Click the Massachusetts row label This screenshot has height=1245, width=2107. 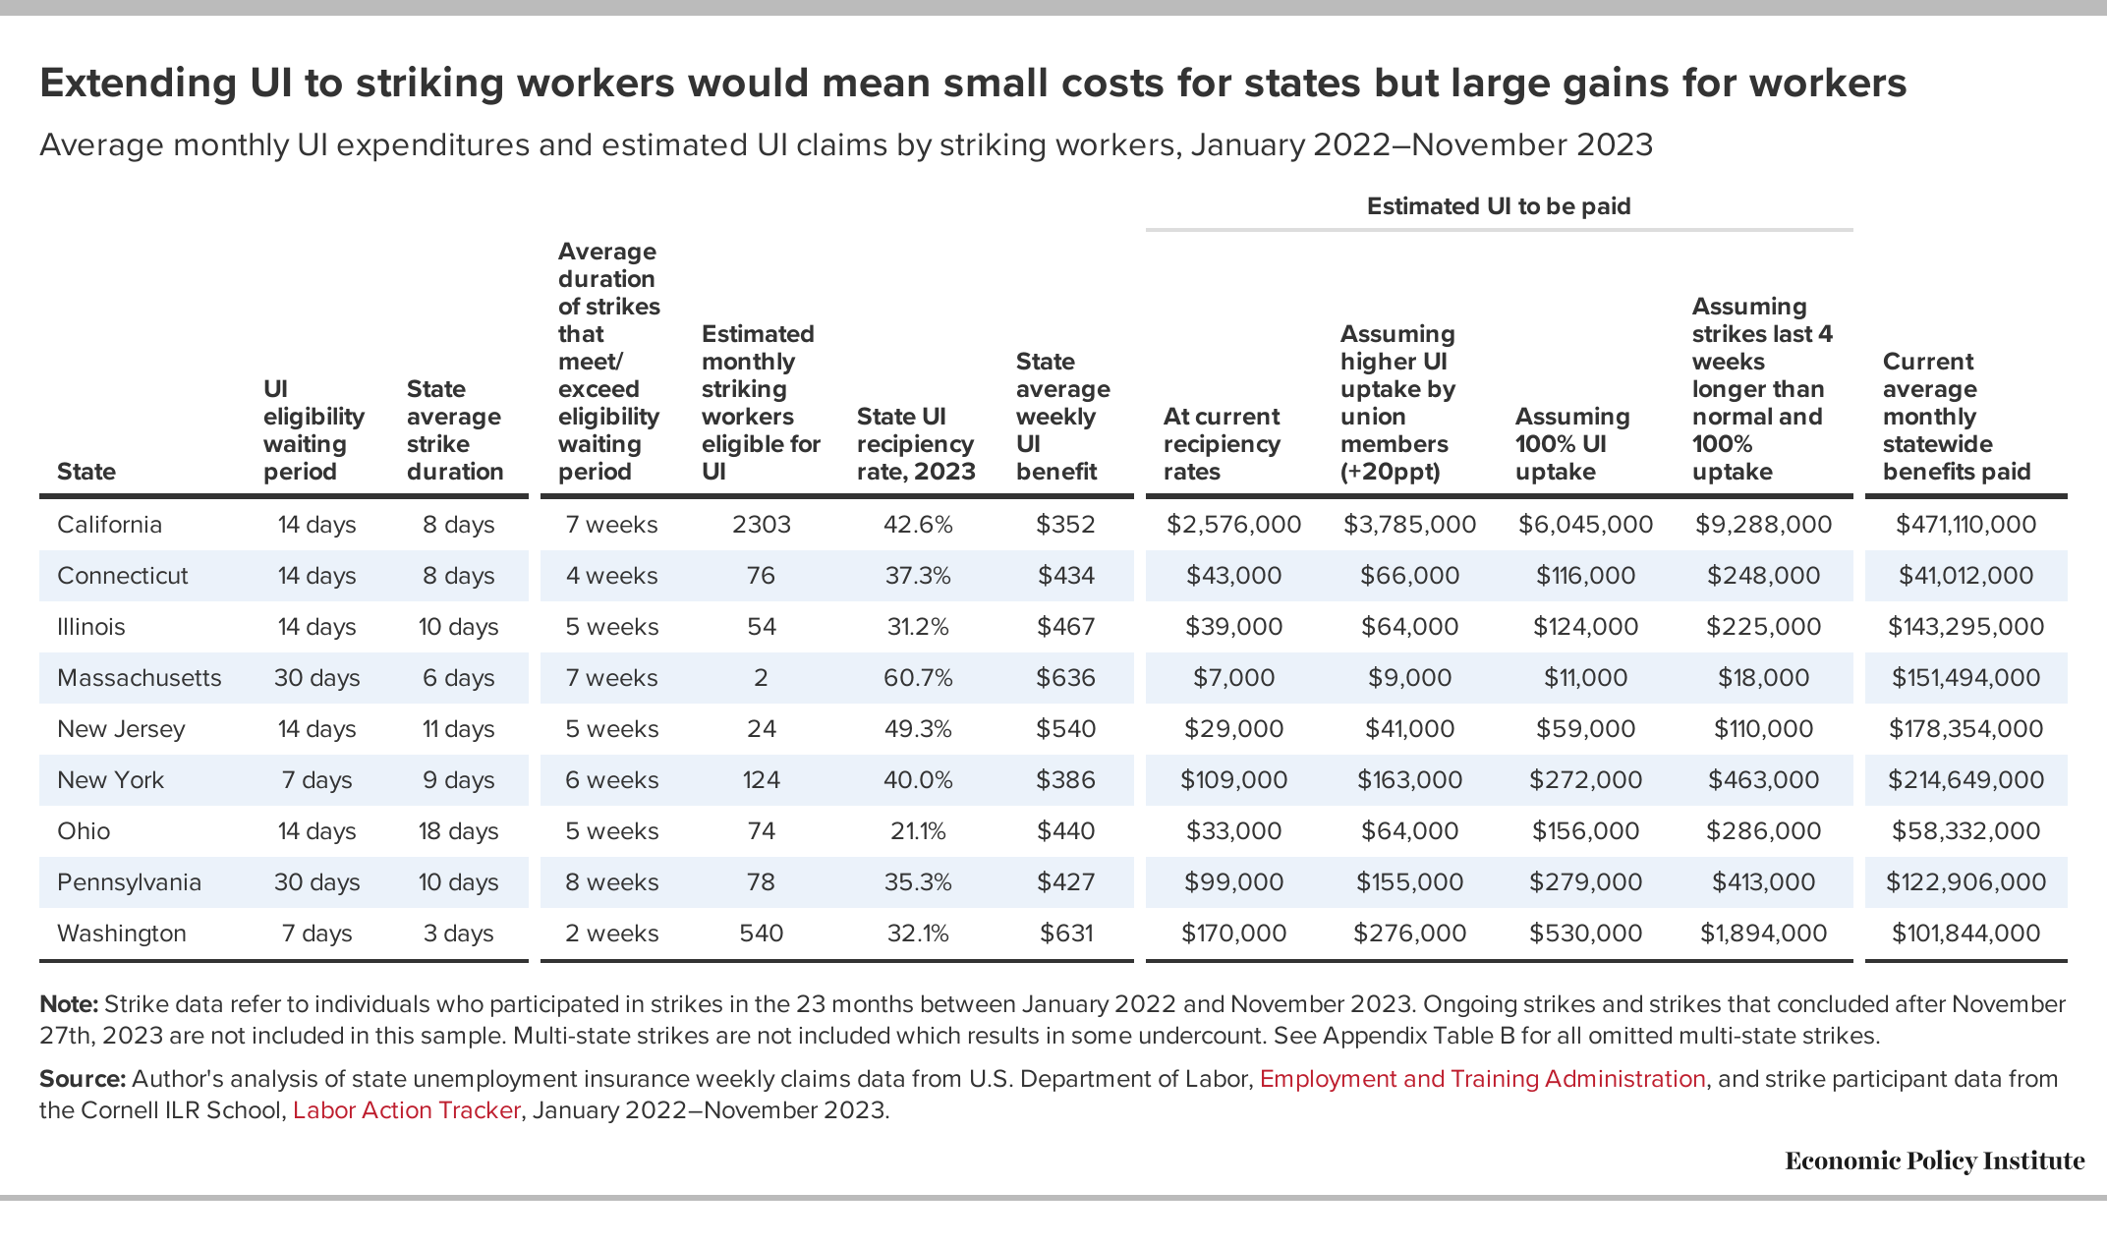(140, 678)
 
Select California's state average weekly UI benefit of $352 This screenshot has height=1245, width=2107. (1065, 525)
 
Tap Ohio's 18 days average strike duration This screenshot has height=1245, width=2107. (459, 831)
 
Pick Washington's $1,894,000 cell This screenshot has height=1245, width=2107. (1764, 934)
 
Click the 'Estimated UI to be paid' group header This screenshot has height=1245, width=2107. (1499, 206)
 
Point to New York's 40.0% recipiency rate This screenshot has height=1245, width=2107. (918, 780)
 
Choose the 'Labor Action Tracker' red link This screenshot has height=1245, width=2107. (407, 1110)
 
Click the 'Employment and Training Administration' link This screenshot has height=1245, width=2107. (1482, 1079)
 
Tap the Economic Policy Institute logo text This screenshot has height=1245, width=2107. (1934, 1161)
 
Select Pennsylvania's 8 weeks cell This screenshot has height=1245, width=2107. (611, 882)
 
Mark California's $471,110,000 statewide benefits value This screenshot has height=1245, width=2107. (1965, 525)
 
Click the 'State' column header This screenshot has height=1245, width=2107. (86, 472)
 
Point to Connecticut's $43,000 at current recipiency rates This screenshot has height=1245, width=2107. (1233, 576)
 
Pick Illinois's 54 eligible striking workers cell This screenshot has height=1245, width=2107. (762, 627)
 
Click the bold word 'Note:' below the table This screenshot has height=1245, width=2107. (69, 1004)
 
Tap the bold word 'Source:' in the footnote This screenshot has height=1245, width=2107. (83, 1079)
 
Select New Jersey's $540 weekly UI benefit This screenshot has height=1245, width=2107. (1065, 729)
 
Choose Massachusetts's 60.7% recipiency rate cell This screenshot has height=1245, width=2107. (918, 678)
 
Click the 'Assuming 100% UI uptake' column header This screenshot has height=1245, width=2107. (1572, 444)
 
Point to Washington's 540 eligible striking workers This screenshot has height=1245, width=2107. (762, 934)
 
